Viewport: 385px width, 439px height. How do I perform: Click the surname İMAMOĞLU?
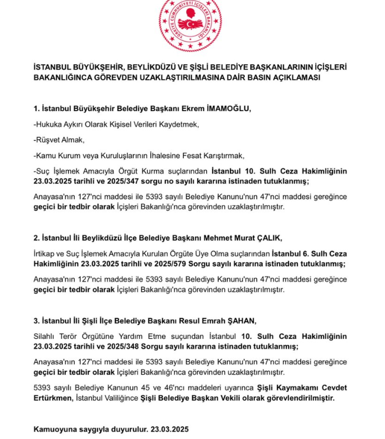[x=227, y=109]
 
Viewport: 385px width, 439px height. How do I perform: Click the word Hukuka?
[x=49, y=125]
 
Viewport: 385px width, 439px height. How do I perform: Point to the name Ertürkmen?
[x=53, y=398]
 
